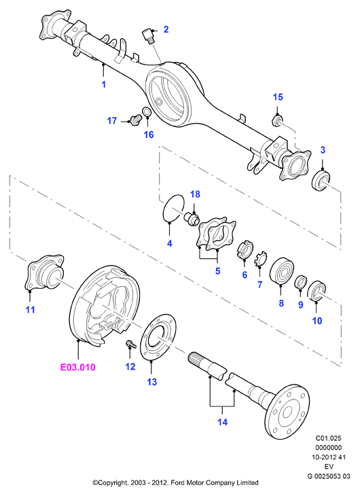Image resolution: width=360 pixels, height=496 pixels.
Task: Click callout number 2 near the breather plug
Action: click(166, 29)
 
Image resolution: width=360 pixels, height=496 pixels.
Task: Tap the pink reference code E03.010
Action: click(78, 367)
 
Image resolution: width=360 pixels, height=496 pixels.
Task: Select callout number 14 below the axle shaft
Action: click(222, 422)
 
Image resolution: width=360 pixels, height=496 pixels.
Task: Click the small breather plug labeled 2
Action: click(147, 36)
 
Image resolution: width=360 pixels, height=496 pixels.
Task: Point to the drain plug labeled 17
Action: click(134, 120)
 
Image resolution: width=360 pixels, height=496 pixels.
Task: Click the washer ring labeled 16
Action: click(147, 112)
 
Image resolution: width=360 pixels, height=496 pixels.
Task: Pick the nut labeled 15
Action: click(277, 120)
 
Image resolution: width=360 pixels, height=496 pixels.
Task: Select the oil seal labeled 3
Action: click(321, 181)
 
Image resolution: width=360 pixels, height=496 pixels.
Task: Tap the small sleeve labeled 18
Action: click(192, 219)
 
